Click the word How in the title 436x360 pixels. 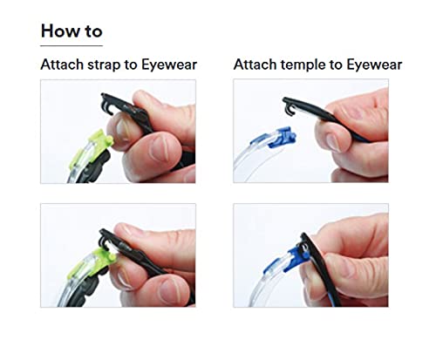60,31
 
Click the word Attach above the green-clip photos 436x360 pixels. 62,65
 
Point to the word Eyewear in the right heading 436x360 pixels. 374,65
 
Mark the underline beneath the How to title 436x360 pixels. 72,45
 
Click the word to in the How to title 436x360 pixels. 93,31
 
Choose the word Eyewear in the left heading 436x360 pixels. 169,65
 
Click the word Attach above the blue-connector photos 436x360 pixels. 255,65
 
